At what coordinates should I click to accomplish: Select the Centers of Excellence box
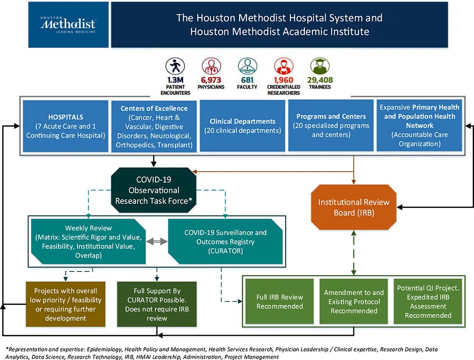tap(154, 126)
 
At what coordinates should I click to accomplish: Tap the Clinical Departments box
tap(242, 126)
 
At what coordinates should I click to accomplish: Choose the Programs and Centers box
tap(331, 126)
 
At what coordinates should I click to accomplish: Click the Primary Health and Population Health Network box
tap(417, 126)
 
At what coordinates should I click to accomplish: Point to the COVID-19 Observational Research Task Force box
tap(153, 189)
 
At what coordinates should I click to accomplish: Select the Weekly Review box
tap(88, 241)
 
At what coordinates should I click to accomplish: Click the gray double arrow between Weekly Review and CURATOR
tap(156, 241)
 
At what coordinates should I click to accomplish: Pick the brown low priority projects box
tap(65, 304)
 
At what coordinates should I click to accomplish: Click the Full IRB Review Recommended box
tap(280, 301)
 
